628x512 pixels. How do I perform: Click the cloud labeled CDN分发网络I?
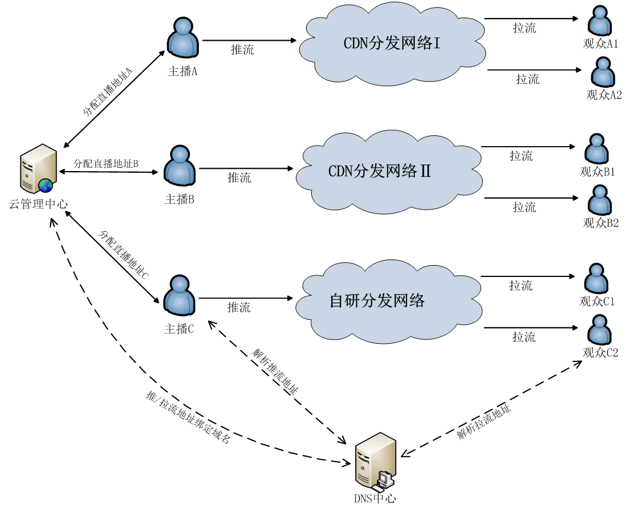tap(392, 44)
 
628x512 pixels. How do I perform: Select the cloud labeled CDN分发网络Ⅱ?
tap(389, 172)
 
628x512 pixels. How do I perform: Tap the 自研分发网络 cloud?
tap(389, 301)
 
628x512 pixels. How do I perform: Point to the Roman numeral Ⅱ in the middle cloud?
tap(425, 171)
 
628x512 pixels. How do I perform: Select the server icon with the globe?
tap(38, 169)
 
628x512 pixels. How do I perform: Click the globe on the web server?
tap(45, 185)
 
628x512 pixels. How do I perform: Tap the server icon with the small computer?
tap(375, 462)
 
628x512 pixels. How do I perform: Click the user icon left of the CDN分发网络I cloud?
tap(183, 38)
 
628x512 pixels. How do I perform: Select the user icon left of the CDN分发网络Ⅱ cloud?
tap(180, 166)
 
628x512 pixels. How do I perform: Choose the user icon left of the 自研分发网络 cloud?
tap(179, 296)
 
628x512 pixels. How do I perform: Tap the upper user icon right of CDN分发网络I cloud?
tap(600, 21)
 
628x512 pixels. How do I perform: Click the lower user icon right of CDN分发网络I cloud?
tap(603, 72)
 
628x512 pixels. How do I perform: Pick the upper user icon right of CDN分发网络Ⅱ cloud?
tap(596, 149)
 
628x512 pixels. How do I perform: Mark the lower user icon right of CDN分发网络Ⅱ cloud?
tap(600, 200)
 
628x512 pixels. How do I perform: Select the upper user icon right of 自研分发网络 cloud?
tap(596, 279)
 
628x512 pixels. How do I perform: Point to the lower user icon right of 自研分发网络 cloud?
tap(600, 330)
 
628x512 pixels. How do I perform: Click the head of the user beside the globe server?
tap(180, 155)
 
